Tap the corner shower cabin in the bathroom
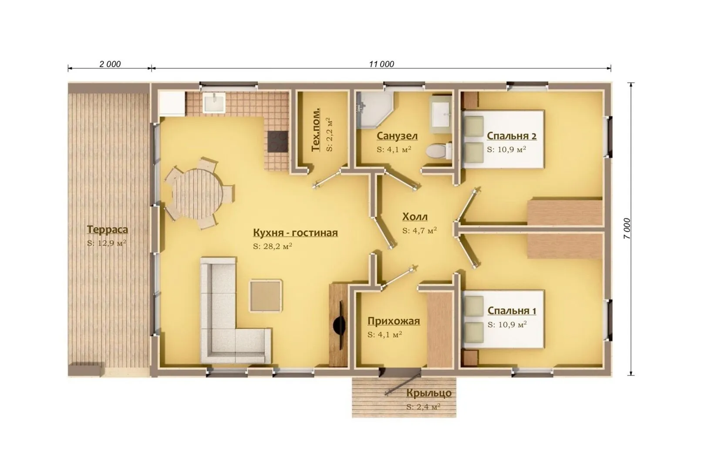click(374, 110)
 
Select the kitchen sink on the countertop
click(214, 102)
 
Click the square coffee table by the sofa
click(266, 295)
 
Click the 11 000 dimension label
click(381, 64)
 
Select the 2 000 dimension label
click(110, 64)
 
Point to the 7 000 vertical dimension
click(627, 228)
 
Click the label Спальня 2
click(511, 136)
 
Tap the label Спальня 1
click(512, 311)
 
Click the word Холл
click(415, 217)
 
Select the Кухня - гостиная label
click(295, 232)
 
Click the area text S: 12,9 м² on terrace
click(107, 243)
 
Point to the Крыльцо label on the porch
click(428, 393)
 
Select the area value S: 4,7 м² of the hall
click(419, 230)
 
